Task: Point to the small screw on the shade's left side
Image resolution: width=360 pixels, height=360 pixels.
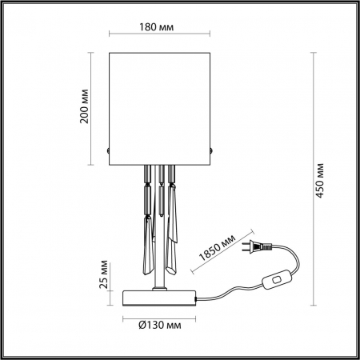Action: [109, 149]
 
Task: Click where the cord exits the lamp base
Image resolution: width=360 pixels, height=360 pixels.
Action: [198, 298]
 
